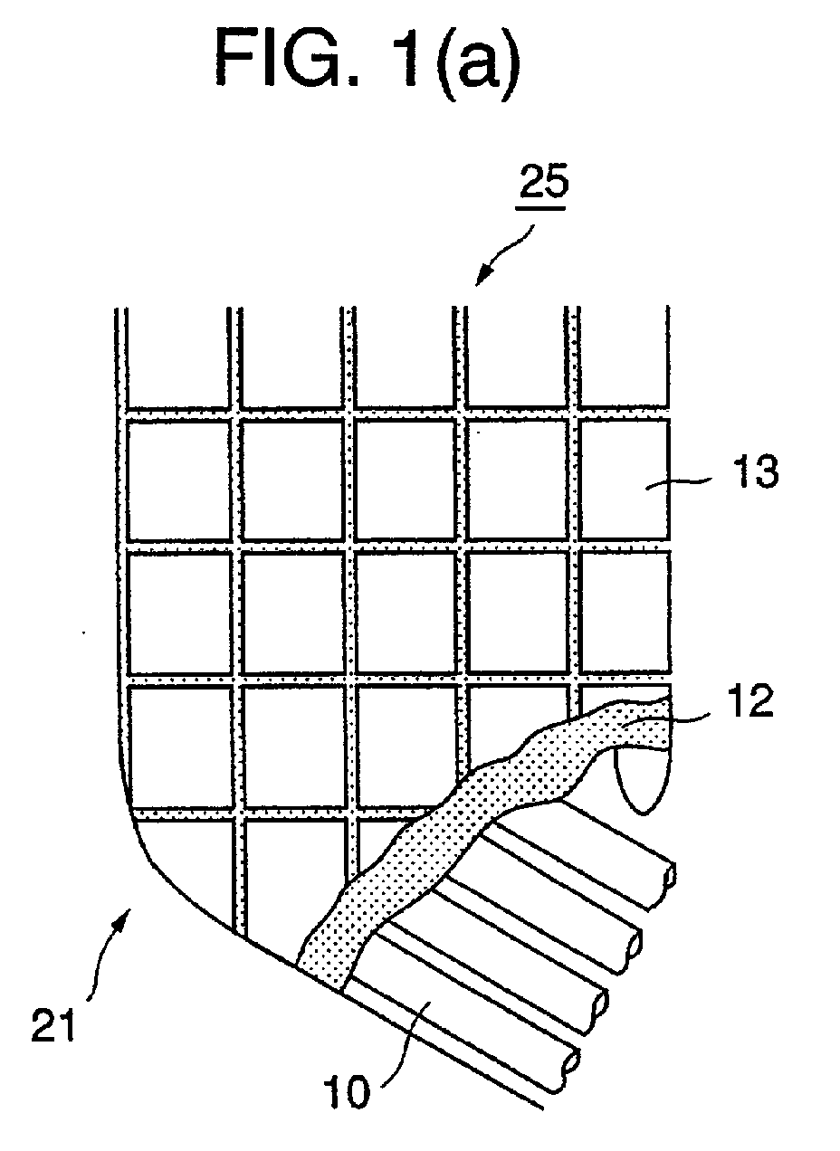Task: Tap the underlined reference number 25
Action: [x=543, y=185]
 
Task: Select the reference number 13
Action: [x=752, y=472]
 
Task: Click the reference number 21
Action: [x=53, y=1024]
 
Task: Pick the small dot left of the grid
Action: [x=84, y=633]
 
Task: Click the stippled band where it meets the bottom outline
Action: [x=320, y=977]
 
